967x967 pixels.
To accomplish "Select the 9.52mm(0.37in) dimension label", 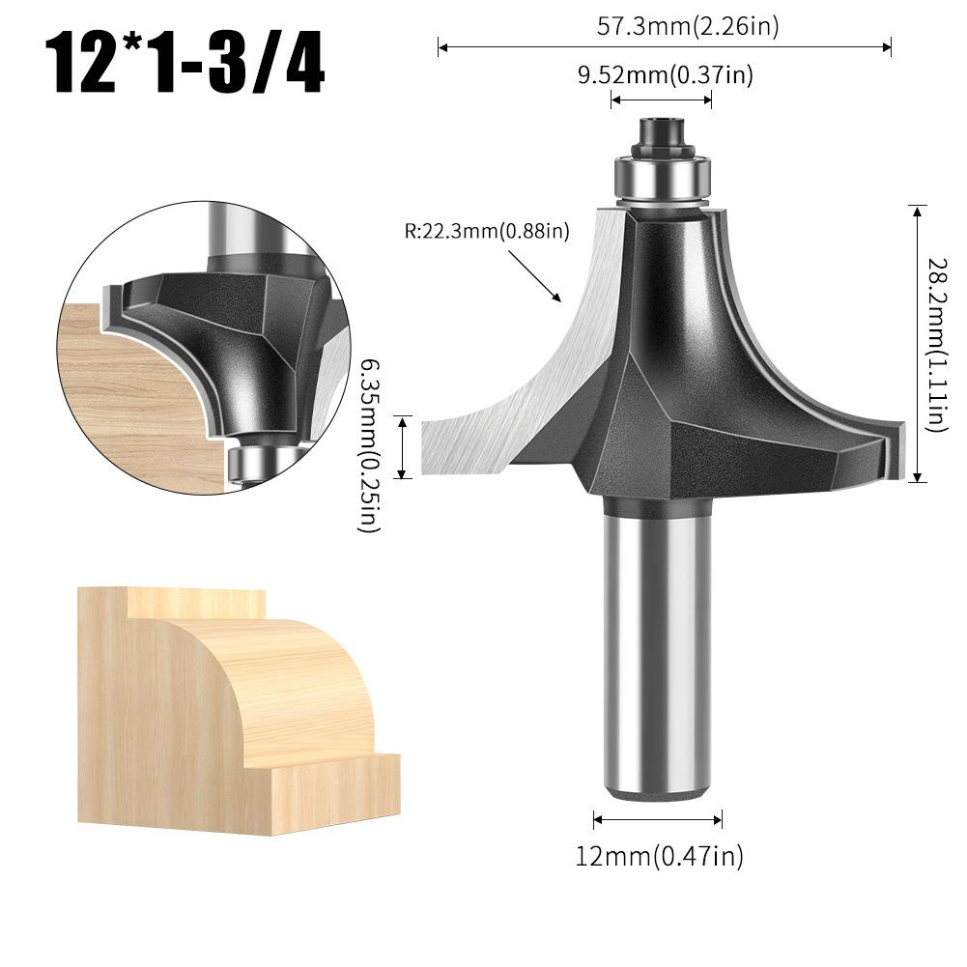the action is click(665, 75).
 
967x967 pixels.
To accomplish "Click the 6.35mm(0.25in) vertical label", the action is click(370, 445).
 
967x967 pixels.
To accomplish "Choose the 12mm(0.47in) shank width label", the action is click(658, 855).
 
